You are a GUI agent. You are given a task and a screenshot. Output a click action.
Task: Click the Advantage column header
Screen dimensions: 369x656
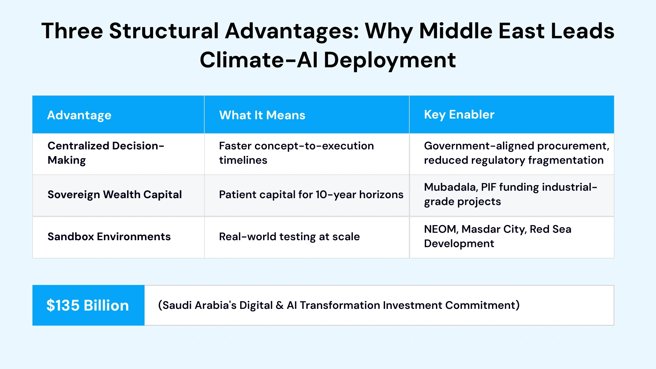(x=79, y=115)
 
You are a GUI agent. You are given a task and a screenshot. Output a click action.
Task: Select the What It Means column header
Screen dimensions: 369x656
(x=262, y=115)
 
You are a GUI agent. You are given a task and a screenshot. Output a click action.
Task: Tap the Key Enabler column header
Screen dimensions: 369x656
(x=459, y=114)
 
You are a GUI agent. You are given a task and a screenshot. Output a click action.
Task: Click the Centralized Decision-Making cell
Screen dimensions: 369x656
(x=106, y=153)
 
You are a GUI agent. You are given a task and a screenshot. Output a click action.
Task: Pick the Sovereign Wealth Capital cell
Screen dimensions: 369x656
(x=114, y=194)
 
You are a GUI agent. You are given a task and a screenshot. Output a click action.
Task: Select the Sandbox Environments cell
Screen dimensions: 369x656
(x=109, y=236)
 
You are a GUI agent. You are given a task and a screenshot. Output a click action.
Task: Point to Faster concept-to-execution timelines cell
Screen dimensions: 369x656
(x=296, y=153)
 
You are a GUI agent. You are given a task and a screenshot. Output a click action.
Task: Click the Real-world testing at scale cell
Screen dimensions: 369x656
(x=289, y=236)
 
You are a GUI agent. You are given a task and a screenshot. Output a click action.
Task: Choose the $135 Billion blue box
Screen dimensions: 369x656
(x=88, y=305)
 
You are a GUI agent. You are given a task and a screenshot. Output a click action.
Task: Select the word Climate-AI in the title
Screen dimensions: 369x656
(x=258, y=60)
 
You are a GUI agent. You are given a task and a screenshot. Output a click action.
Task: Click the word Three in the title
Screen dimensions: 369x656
(x=72, y=31)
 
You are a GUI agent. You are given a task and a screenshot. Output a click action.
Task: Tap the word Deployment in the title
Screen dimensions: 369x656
(x=389, y=60)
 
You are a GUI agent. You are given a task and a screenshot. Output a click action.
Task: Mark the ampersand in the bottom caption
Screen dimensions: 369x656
(x=279, y=305)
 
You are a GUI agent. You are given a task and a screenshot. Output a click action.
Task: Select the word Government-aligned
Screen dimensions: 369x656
(x=479, y=146)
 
